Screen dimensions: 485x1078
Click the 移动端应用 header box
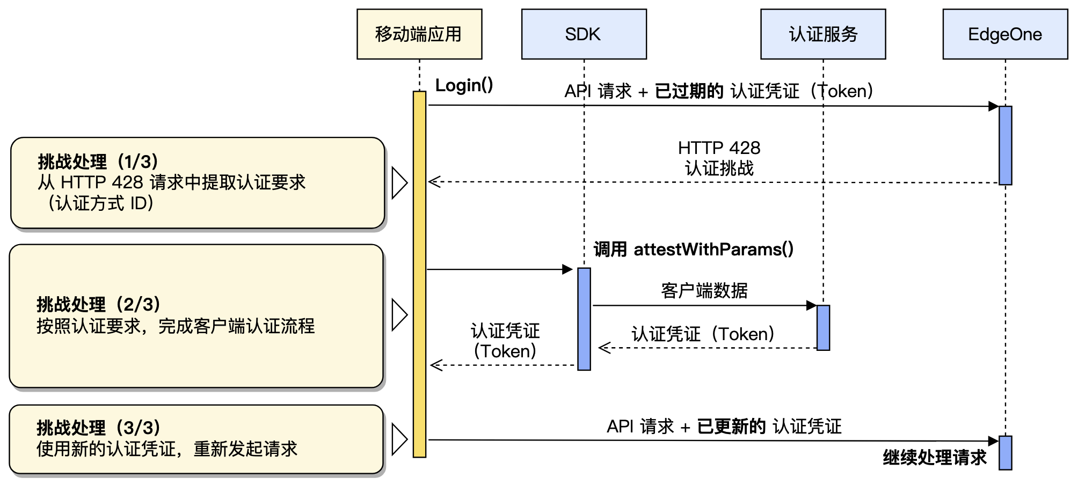(x=419, y=34)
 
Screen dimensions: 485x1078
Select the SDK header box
(x=584, y=34)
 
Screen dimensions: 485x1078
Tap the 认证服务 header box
(x=822, y=34)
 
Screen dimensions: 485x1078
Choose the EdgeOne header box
(x=1004, y=34)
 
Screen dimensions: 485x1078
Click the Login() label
(x=464, y=85)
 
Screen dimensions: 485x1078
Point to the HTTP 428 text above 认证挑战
(x=719, y=148)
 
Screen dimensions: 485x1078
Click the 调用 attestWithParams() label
(x=693, y=249)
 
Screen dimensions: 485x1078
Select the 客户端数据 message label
(x=704, y=291)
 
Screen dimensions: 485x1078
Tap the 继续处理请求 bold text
(x=935, y=458)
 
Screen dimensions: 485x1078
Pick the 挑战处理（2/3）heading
(x=98, y=304)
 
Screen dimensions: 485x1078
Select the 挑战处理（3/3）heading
(x=98, y=428)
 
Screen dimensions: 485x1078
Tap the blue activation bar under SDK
(x=584, y=319)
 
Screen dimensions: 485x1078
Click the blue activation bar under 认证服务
(x=823, y=328)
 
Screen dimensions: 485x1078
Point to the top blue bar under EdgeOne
(x=1005, y=145)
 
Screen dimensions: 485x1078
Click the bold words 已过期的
(x=689, y=91)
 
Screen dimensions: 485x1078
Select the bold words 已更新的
(x=731, y=427)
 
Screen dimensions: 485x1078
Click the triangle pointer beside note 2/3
(x=399, y=314)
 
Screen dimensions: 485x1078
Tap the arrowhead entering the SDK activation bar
(x=567, y=269)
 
